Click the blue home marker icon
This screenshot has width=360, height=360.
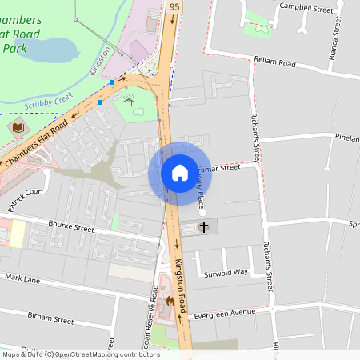click(179, 173)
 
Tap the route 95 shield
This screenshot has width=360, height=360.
click(174, 6)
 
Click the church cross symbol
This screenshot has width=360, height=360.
click(203, 228)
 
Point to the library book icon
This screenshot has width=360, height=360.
click(18, 126)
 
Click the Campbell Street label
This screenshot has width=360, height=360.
click(305, 7)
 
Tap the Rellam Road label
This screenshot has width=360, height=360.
click(275, 61)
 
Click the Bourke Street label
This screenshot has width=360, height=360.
click(71, 228)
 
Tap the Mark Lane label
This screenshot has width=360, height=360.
click(22, 278)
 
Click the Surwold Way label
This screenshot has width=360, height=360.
click(226, 272)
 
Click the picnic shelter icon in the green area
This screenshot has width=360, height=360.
click(128, 102)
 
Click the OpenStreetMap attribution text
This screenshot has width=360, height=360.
click(80, 354)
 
